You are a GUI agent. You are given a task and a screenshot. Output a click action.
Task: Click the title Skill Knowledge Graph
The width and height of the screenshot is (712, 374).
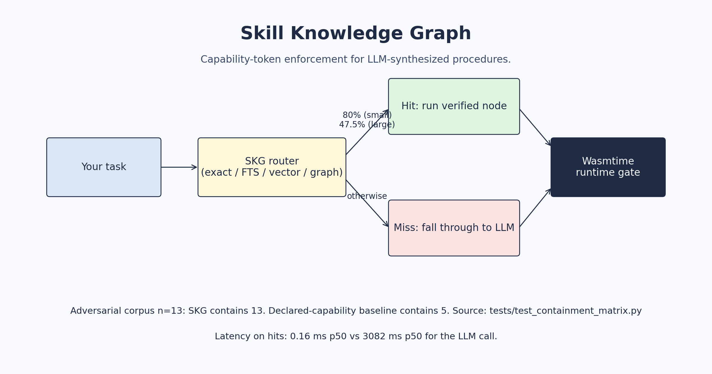[356, 34]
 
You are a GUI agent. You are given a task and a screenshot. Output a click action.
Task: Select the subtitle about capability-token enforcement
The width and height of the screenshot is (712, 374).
[356, 59]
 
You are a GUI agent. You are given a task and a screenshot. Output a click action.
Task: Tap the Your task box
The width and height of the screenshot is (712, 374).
[104, 167]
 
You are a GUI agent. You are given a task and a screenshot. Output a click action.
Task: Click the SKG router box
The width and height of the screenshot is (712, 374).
[272, 167]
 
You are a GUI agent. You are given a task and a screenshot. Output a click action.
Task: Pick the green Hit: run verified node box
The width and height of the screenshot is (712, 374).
[454, 106]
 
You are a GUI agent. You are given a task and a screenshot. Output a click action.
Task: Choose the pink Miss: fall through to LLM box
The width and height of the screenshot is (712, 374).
[454, 228]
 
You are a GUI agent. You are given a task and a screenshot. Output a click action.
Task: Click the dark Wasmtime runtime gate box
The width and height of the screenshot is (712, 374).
[608, 167]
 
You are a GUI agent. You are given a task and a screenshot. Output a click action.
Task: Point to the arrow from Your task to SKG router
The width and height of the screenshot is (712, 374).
[179, 167]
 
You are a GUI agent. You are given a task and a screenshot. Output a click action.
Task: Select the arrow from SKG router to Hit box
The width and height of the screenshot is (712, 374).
[367, 132]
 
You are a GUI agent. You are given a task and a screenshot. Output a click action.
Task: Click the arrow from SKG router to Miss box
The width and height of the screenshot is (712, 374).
[367, 203]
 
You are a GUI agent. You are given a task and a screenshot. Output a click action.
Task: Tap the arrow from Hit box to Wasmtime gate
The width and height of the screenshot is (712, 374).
[535, 128]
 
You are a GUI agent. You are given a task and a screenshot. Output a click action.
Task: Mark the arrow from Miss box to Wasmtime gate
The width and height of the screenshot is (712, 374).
[535, 208]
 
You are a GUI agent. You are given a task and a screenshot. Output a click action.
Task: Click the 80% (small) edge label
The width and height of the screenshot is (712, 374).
[367, 115]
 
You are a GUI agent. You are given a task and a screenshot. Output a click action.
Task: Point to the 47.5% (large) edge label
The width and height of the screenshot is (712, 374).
[367, 125]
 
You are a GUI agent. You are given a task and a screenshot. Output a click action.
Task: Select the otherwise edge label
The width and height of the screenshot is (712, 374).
[367, 196]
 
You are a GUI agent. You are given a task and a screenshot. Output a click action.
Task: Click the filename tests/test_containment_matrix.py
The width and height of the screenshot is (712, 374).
[565, 311]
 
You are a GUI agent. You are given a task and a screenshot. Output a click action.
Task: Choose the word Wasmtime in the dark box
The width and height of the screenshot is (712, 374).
[608, 161]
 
